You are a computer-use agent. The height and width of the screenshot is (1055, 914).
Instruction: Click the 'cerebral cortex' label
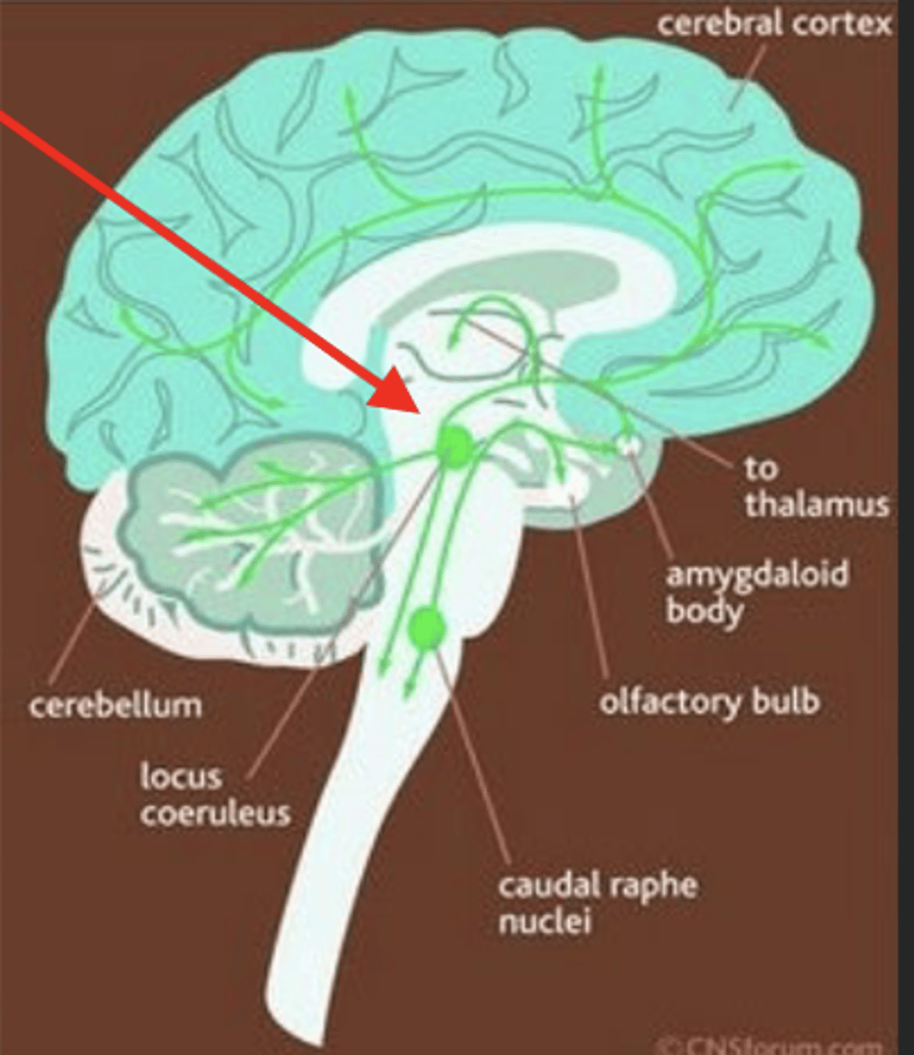tap(773, 24)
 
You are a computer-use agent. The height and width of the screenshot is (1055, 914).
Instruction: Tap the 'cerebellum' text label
tap(115, 704)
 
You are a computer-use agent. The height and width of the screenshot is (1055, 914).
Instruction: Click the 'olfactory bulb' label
tap(709, 702)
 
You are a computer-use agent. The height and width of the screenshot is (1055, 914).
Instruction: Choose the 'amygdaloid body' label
tap(757, 591)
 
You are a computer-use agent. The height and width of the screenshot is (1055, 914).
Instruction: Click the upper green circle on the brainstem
tap(455, 447)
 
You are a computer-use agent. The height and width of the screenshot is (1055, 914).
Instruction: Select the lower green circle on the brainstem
tap(428, 626)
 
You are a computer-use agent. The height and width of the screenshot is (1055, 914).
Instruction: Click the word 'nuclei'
tap(543, 922)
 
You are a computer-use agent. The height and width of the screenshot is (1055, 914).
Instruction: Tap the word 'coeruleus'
tap(214, 812)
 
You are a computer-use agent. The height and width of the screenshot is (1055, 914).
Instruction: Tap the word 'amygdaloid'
tap(757, 574)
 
